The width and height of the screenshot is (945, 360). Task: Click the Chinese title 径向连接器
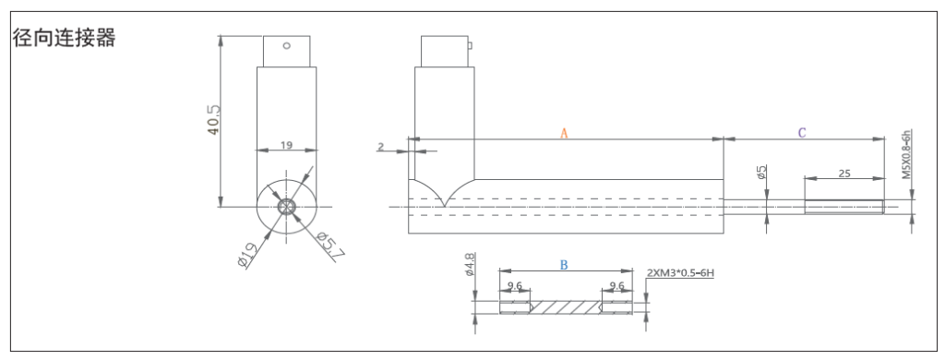point(64,38)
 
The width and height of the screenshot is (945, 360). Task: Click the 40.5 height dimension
point(213,120)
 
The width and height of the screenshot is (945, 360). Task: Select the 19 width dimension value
point(286,145)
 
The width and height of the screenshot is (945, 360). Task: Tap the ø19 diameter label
point(247,254)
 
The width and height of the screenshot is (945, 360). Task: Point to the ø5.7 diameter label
point(330,245)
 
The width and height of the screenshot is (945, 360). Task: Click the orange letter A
point(564,133)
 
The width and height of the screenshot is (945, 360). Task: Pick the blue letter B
point(564,265)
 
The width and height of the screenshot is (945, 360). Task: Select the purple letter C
point(802,133)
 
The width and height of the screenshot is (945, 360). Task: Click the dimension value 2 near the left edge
point(380,147)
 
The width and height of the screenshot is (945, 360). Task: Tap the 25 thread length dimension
point(844,173)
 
